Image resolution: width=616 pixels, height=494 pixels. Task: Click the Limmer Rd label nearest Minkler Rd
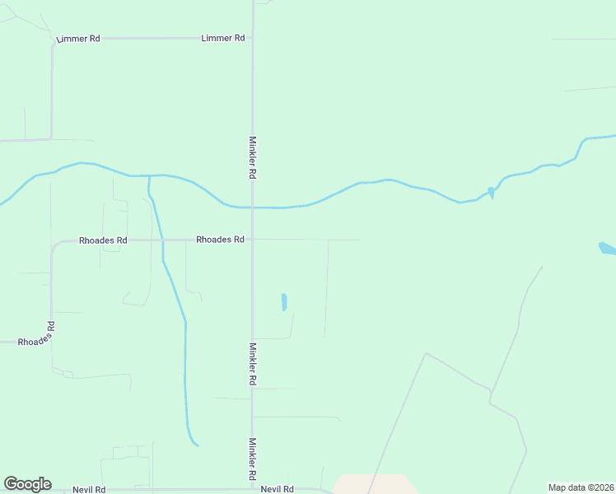tap(222, 38)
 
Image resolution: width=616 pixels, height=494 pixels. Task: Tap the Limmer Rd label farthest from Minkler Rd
tap(77, 39)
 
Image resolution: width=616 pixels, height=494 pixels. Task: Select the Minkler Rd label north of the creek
tap(252, 158)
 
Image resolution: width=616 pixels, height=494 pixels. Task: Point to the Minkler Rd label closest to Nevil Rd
tap(252, 459)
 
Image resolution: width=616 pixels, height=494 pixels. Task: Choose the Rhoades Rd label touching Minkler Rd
tap(220, 240)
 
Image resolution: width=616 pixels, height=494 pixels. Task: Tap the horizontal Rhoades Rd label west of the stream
tap(103, 240)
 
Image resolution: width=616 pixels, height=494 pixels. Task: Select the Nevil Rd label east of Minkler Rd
tap(278, 489)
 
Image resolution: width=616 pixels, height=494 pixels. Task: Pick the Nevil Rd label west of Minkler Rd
tap(89, 489)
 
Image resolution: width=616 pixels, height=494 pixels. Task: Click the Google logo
tap(27, 484)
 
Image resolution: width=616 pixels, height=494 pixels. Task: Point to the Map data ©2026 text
tap(581, 487)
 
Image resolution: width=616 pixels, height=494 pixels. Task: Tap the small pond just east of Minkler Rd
tap(284, 302)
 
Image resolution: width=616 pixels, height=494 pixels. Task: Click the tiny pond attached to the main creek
tap(491, 193)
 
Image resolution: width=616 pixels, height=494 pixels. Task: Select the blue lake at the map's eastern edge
tap(607, 248)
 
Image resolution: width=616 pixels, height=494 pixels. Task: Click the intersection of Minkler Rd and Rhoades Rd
tap(252, 240)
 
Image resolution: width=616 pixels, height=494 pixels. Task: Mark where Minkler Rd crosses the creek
tap(252, 207)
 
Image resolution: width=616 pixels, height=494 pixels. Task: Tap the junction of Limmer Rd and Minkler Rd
tap(252, 38)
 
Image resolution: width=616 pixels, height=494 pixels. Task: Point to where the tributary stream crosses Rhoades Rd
tap(162, 240)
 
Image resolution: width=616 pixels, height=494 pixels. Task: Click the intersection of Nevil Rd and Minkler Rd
tap(252, 489)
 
